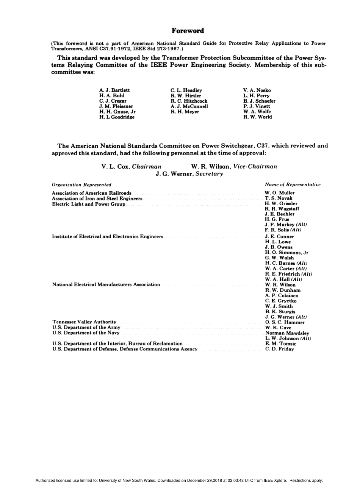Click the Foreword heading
[188, 31]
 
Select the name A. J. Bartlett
[114, 90]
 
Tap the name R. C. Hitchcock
[189, 101]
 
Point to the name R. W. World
[257, 117]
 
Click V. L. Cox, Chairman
[131, 166]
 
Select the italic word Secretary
[209, 174]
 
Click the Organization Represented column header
[81, 185]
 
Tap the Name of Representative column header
[293, 184]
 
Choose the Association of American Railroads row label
[92, 193]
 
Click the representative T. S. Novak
[279, 198]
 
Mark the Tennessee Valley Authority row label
[84, 322]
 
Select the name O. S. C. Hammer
[285, 322]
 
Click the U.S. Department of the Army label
[86, 328]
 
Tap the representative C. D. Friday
[279, 349]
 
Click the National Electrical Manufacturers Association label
[106, 284]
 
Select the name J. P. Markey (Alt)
[286, 225]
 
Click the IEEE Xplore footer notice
[179, 480]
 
